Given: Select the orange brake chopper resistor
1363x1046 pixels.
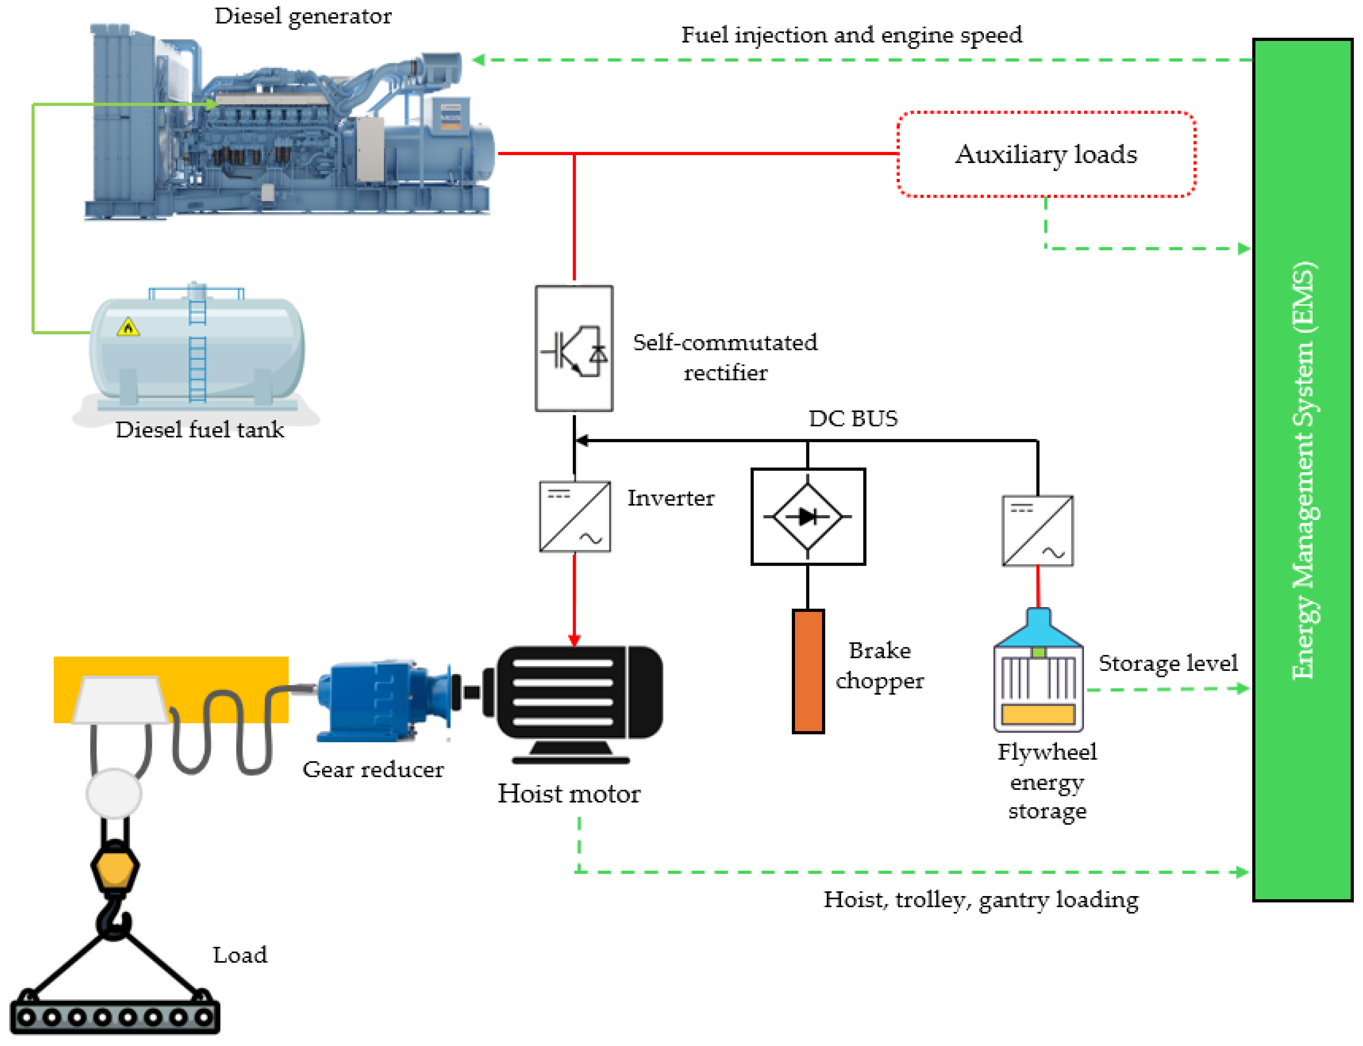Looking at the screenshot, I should coord(808,671).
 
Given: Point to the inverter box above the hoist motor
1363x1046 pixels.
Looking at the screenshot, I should coord(574,516).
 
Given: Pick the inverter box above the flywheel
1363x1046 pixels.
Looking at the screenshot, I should coord(1037,531).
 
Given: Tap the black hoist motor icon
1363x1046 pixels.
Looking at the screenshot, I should coord(579,700).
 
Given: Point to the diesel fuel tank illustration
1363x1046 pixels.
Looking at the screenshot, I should coord(197,350).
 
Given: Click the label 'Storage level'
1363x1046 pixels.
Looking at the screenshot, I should coord(1168,663).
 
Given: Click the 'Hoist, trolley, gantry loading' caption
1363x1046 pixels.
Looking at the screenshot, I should coord(980,900).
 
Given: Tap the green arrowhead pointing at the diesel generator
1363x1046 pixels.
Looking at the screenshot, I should coord(478,60).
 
